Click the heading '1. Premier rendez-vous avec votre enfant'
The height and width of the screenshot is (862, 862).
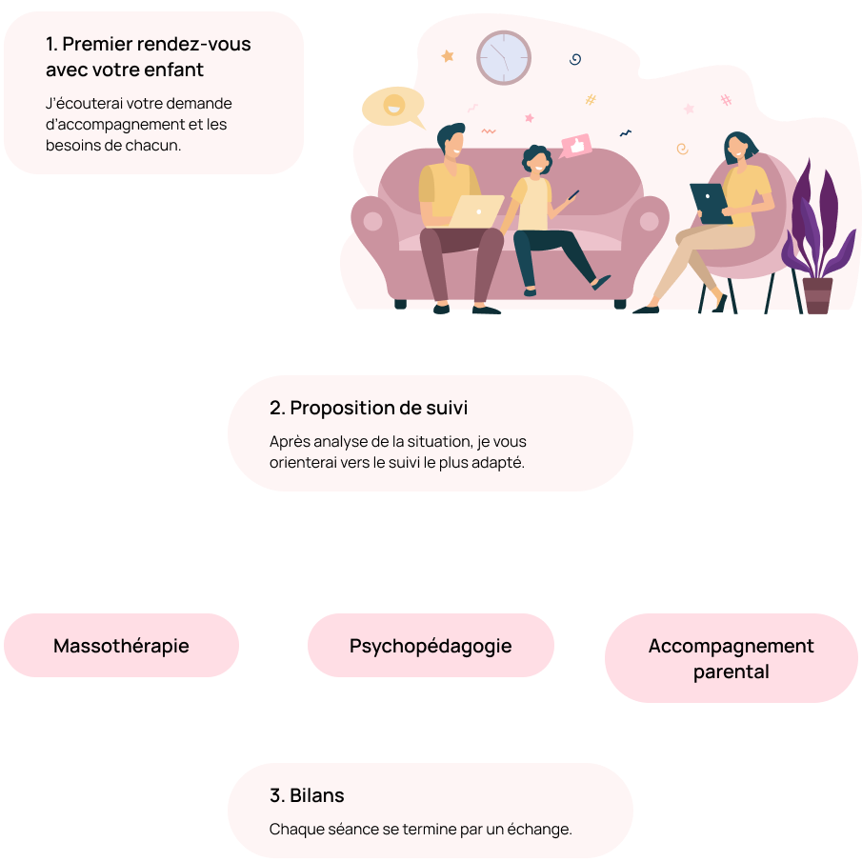149,57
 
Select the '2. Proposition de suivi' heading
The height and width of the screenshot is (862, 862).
369,408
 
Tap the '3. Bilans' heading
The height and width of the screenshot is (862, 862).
307,795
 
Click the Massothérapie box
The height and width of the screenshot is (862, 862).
121,646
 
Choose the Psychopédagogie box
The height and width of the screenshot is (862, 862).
431,646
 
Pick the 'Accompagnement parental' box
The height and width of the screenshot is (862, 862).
731,658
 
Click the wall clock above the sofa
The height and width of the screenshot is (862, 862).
503,57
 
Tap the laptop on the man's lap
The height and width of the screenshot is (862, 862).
476,211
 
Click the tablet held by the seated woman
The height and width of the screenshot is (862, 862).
710,203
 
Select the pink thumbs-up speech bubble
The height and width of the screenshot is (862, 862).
574,146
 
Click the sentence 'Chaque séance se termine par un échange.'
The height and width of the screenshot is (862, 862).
420,829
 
